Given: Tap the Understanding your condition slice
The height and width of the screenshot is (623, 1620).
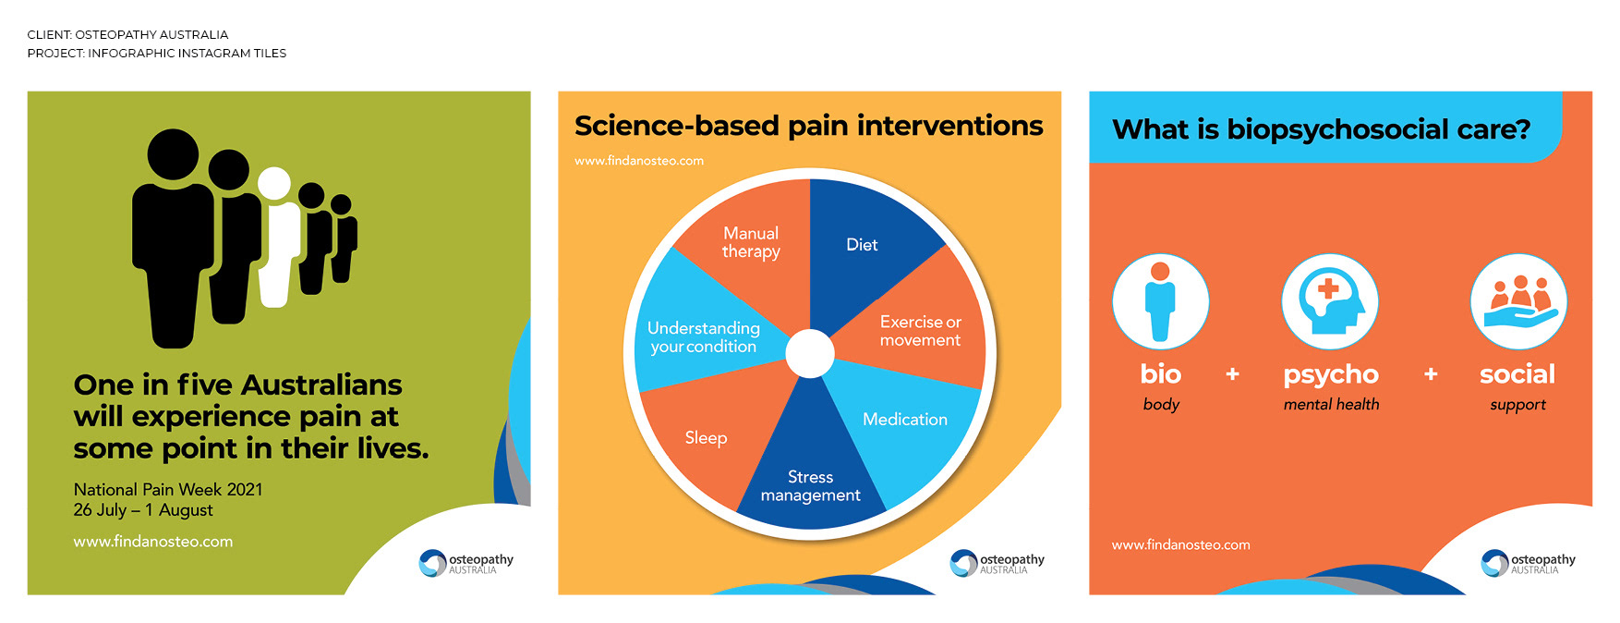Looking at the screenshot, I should coord(703,337).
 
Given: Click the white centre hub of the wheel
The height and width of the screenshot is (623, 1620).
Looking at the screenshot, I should coord(810,353).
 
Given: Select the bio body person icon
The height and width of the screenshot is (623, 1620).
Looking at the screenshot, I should coord(1160,301).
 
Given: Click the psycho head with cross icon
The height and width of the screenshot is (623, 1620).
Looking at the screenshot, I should coord(1330,301).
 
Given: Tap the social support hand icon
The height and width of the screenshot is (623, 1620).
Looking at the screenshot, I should coord(1518,301).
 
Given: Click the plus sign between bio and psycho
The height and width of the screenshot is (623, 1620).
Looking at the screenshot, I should coord(1232,374).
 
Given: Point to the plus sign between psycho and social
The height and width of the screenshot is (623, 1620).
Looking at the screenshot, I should coord(1431,374).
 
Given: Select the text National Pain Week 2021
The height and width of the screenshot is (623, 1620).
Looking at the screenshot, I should coord(168,489).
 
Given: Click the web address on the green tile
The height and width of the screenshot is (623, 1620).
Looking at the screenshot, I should coord(153,542).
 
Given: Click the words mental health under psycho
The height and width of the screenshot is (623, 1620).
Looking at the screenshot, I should coord(1331,404).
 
